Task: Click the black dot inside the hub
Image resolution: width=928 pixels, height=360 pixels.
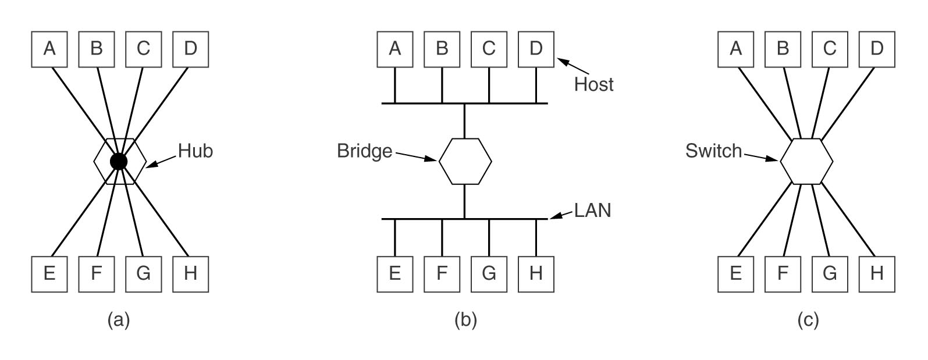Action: click(119, 161)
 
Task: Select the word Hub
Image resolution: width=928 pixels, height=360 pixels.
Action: click(195, 151)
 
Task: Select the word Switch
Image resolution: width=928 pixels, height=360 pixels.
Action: click(713, 151)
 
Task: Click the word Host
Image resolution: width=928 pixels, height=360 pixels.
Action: click(593, 84)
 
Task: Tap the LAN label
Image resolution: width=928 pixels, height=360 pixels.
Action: click(592, 211)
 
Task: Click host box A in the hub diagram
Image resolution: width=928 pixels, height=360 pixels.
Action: click(49, 49)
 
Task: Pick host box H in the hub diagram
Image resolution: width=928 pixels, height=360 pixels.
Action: click(191, 275)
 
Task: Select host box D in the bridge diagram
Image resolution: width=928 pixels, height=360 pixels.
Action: click(536, 49)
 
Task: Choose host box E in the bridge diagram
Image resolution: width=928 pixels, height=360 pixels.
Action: click(395, 275)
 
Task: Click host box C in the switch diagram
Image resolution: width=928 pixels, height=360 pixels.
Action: click(830, 49)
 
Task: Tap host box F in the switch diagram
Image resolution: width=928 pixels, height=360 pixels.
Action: click(783, 275)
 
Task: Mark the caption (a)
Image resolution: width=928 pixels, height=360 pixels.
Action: click(119, 320)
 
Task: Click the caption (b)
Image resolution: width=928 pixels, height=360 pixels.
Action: click(465, 320)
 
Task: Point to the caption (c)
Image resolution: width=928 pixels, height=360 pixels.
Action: click(808, 320)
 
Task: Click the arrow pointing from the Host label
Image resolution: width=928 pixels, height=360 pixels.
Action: click(573, 66)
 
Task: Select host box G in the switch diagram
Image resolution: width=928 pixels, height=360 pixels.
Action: click(830, 275)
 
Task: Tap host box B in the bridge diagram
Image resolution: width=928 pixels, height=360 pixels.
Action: click(442, 49)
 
